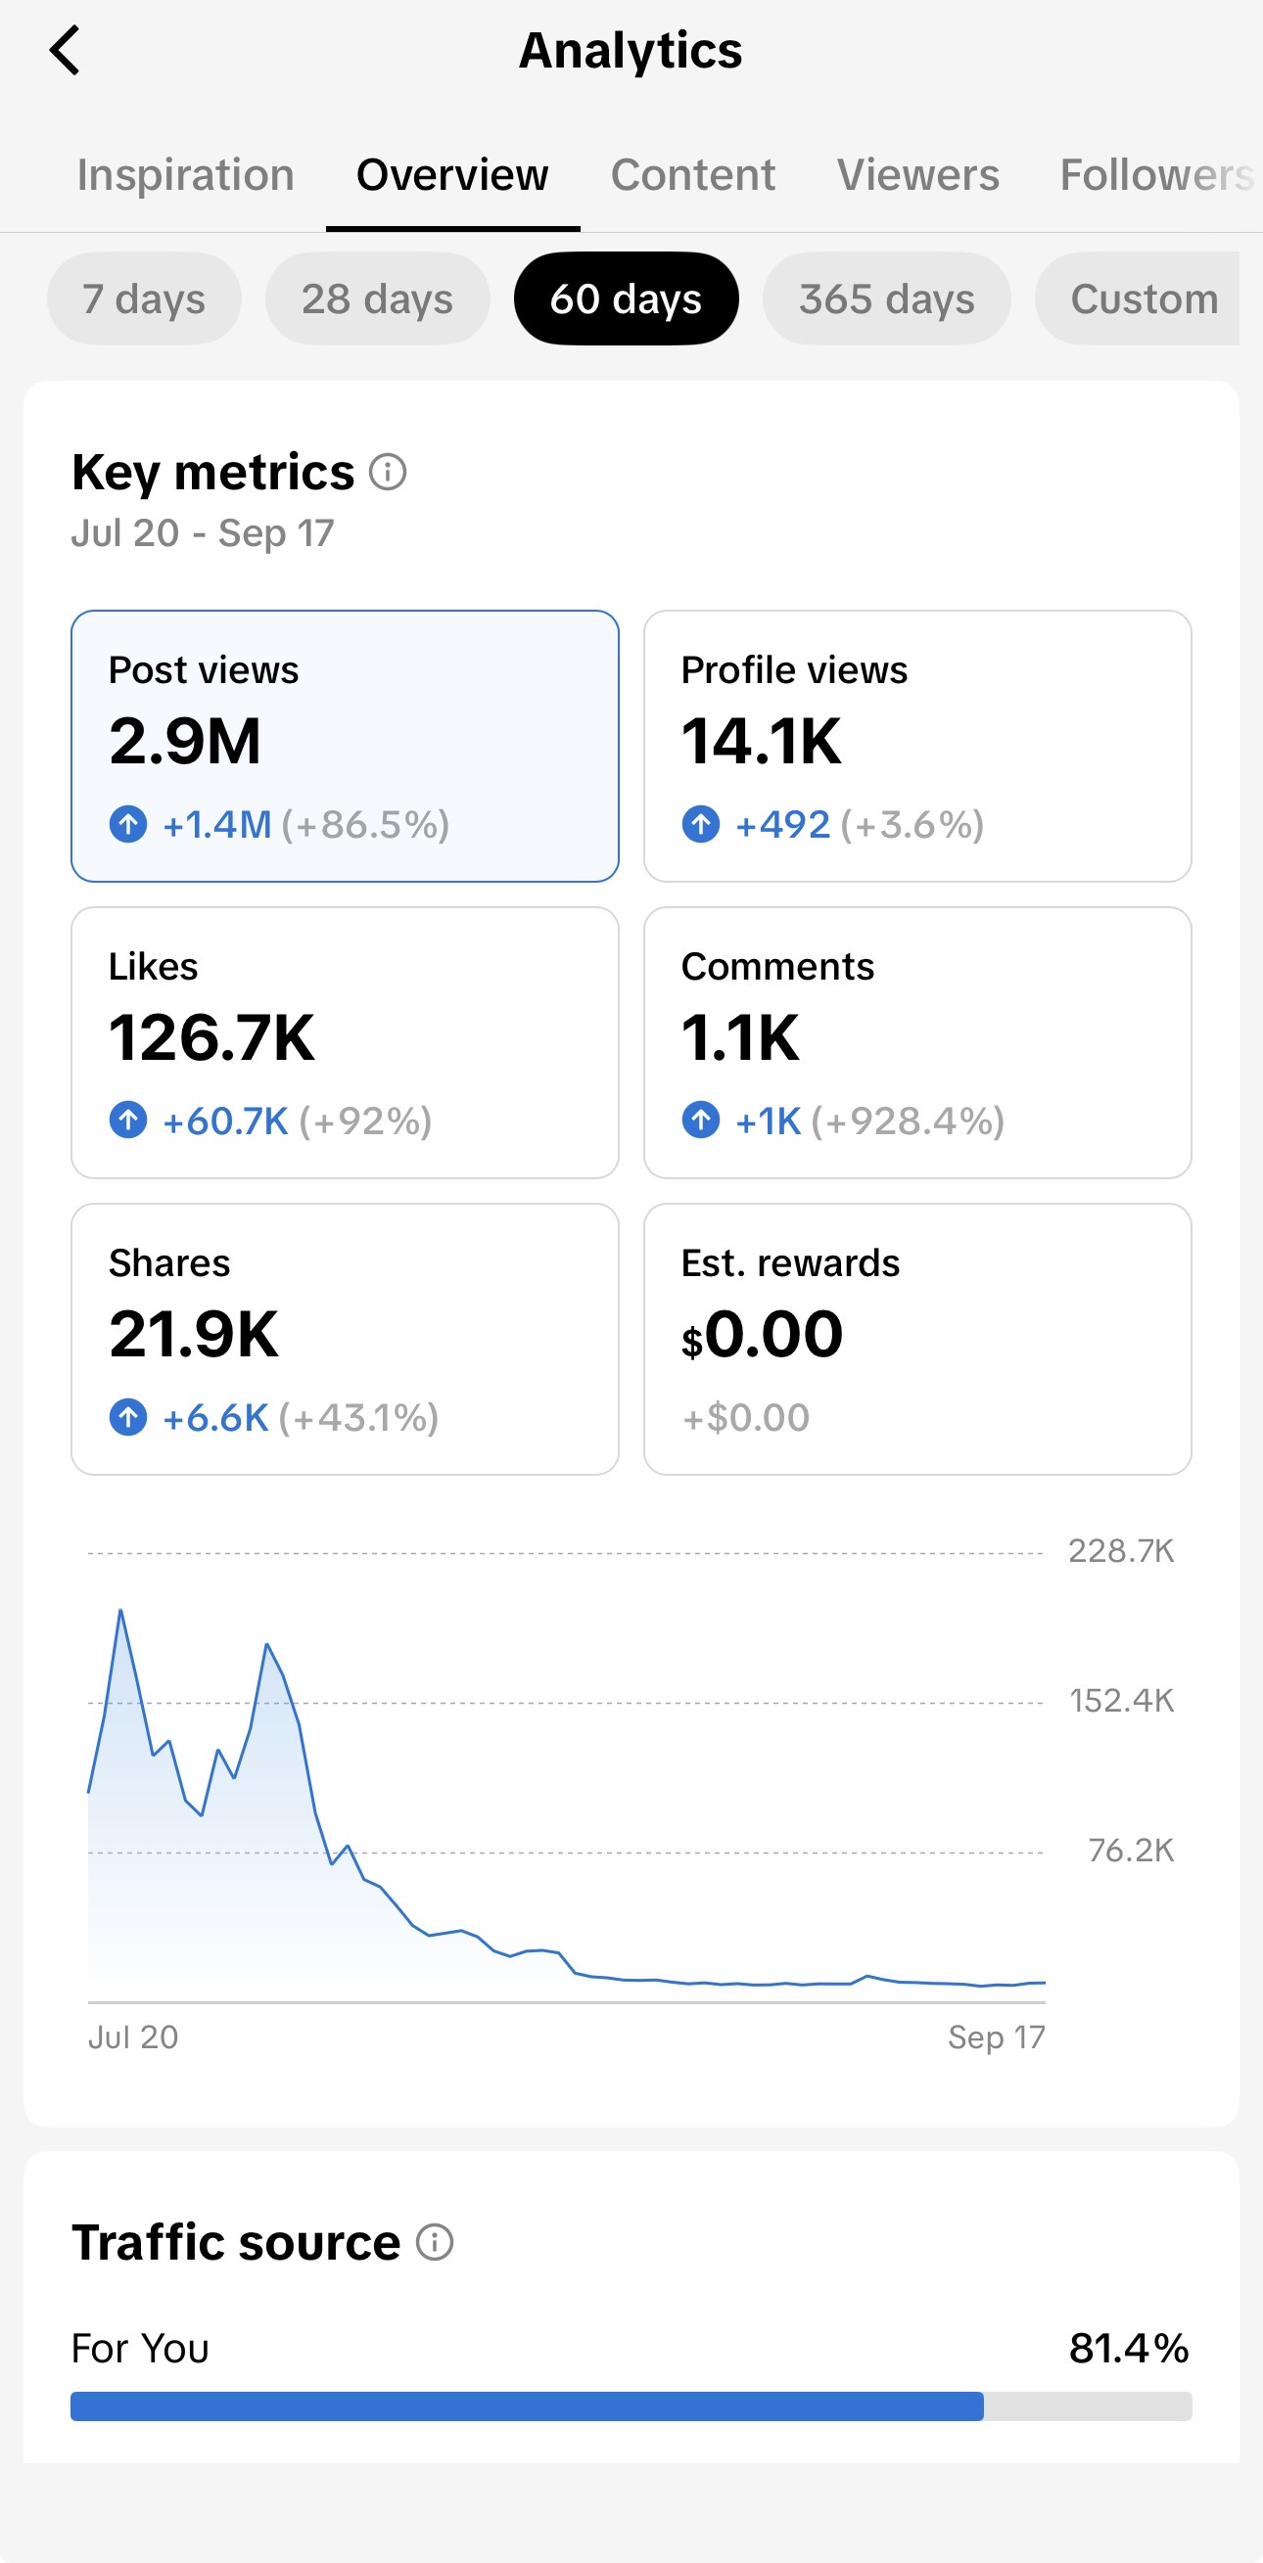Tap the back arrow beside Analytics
pos(65,51)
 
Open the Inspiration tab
pos(186,175)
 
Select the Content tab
pos(693,175)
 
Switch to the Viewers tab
pos(917,175)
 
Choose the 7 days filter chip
pos(144,298)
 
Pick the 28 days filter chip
pos(377,298)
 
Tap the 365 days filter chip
pos(887,298)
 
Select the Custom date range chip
pos(1143,298)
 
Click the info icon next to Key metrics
pos(388,472)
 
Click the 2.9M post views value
pos(185,741)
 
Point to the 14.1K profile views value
pos(762,741)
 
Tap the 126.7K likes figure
pos(212,1037)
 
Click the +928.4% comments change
pos(908,1121)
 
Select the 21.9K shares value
pos(194,1334)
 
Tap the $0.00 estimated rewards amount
pos(763,1334)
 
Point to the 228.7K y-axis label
pos(1122,1551)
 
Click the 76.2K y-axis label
pos(1132,1851)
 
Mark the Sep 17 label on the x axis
pos(997,2037)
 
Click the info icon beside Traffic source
pos(435,2243)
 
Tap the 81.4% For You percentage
pos(1130,2348)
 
